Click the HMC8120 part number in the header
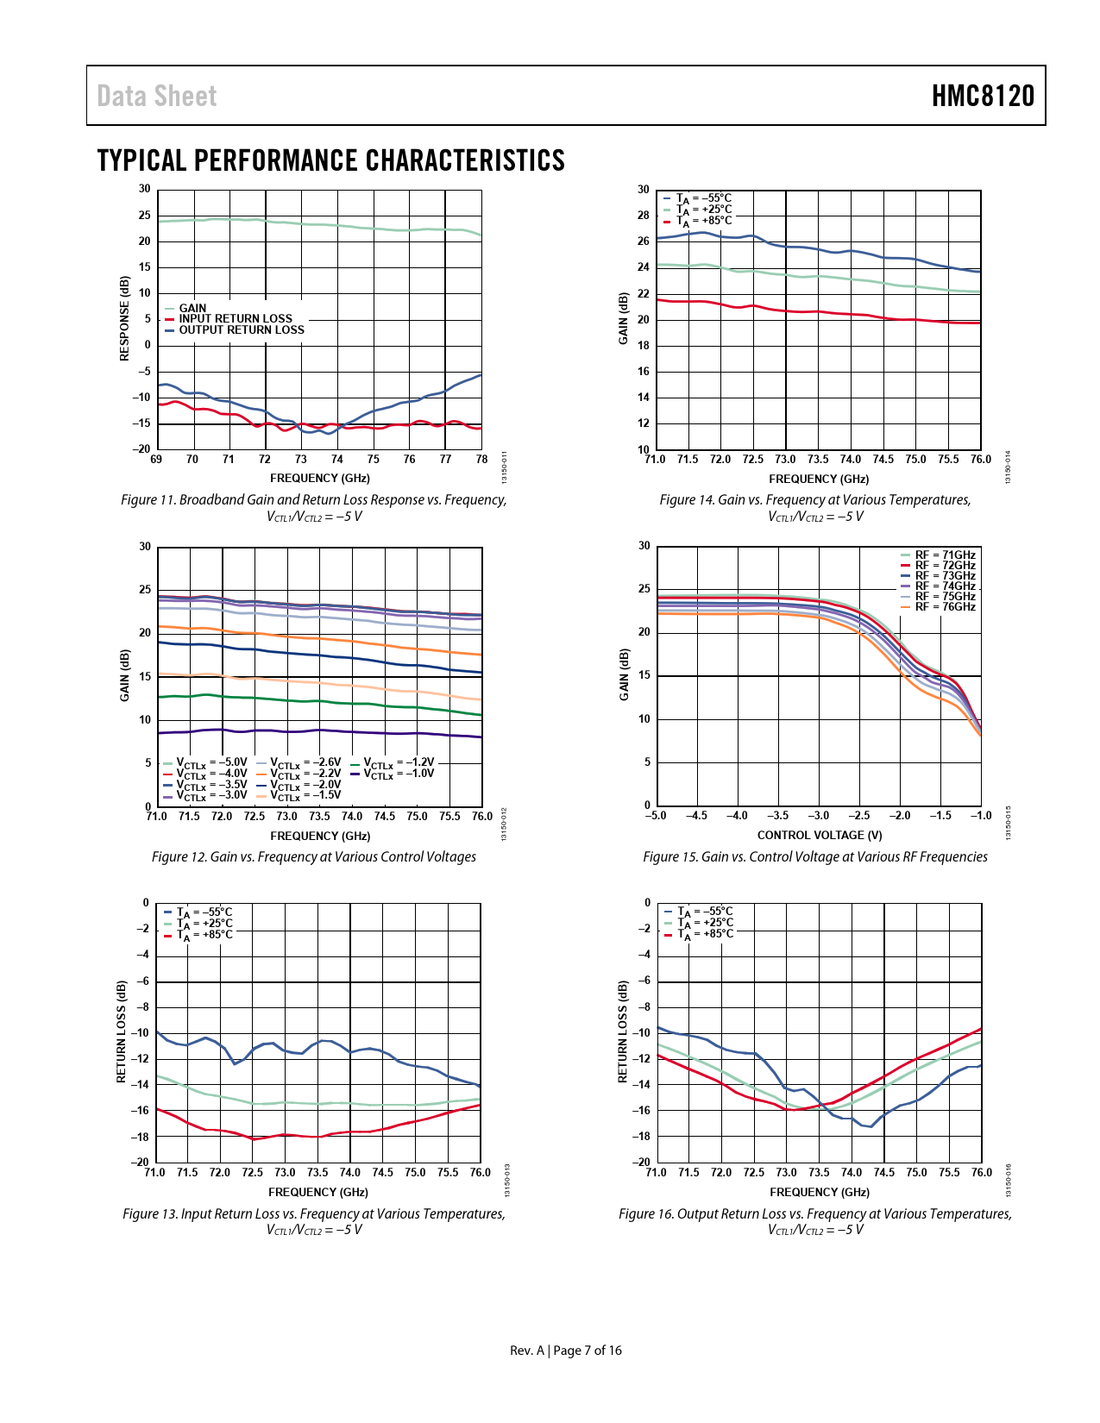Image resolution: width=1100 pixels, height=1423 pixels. [x=982, y=96]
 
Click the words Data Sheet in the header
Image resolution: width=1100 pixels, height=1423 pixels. [x=156, y=96]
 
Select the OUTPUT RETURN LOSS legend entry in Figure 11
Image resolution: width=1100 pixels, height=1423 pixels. [x=241, y=330]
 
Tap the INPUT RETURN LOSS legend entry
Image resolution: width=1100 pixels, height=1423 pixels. [x=235, y=319]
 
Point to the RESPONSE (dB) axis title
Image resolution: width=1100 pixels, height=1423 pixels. [x=124, y=318]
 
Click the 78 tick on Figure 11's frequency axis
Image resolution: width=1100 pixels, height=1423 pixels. [x=481, y=460]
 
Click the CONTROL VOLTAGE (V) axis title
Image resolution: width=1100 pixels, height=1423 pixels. [x=819, y=835]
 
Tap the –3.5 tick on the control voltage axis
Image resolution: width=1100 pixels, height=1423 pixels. [x=777, y=816]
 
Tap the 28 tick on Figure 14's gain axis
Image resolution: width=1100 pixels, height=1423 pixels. [x=644, y=216]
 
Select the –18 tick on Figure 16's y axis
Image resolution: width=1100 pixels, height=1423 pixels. [x=641, y=1137]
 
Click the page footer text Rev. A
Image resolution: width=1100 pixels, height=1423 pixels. [x=526, y=1351]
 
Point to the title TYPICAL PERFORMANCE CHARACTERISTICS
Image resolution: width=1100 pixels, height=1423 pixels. [x=330, y=160]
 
